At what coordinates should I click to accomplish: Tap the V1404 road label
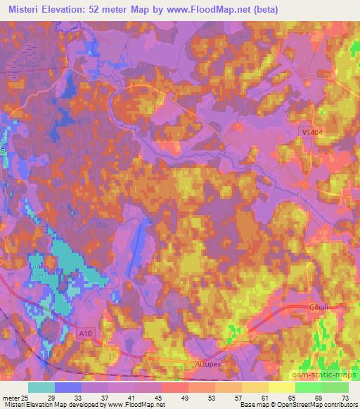click(307, 141)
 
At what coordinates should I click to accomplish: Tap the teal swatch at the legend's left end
click(41, 387)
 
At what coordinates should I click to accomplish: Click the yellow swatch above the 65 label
click(281, 387)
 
